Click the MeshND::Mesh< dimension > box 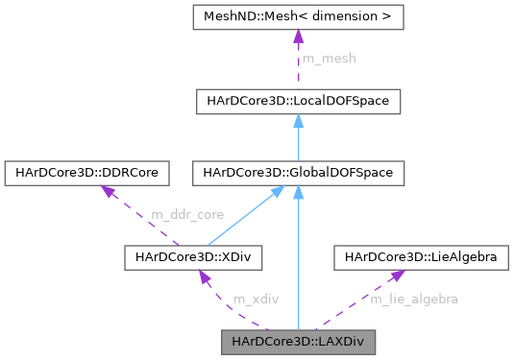tap(299, 16)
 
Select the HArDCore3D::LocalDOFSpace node tap(299, 100)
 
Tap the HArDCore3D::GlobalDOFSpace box tap(299, 173)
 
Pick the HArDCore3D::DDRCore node tap(87, 173)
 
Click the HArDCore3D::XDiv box tap(194, 256)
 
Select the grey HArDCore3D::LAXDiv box tap(299, 341)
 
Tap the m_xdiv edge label tap(256, 299)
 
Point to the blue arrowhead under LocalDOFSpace tap(299, 121)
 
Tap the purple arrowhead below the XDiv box tap(203, 276)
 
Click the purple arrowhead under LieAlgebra tap(395, 276)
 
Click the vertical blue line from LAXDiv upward tap(299, 269)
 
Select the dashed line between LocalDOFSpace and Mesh tap(299, 72)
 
